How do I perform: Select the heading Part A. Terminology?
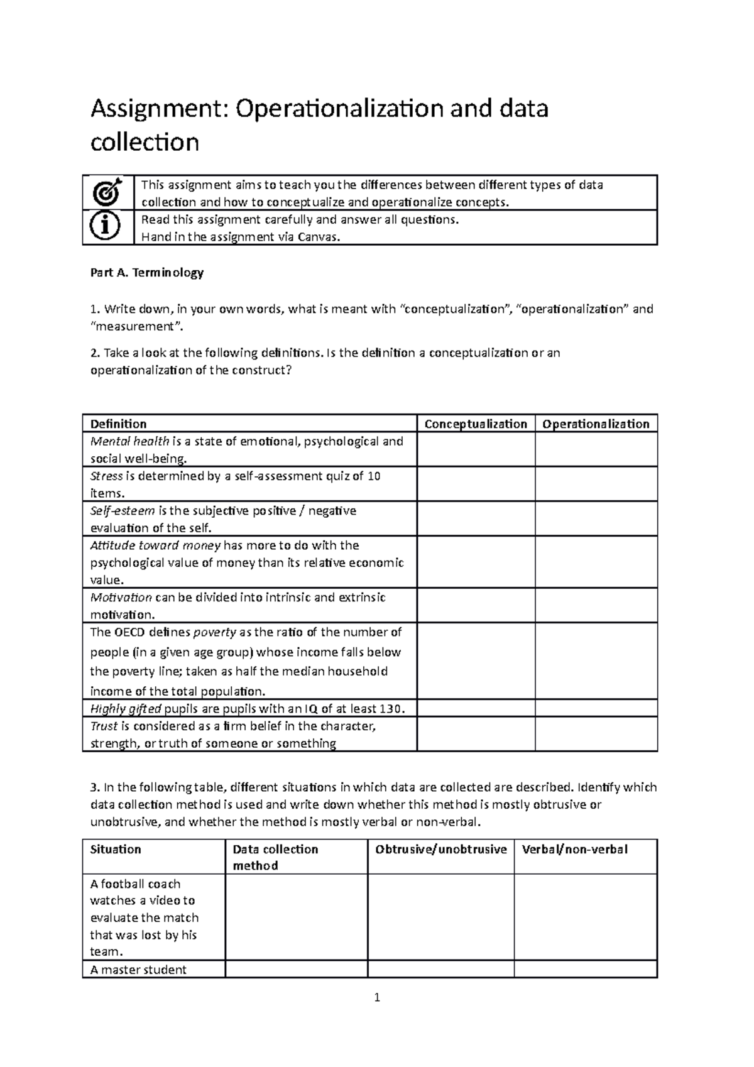(147, 273)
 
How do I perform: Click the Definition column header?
(119, 424)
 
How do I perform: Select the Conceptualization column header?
(476, 424)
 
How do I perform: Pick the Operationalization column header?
(596, 424)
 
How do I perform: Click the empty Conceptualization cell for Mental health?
(476, 449)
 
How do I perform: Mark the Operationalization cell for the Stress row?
(596, 484)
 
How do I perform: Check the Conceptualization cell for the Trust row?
(476, 734)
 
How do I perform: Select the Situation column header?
(116, 850)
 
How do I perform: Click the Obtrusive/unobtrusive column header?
(440, 850)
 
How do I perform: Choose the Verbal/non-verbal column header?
(574, 850)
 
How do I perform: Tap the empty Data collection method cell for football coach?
(296, 917)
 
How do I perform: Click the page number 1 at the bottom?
(376, 997)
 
